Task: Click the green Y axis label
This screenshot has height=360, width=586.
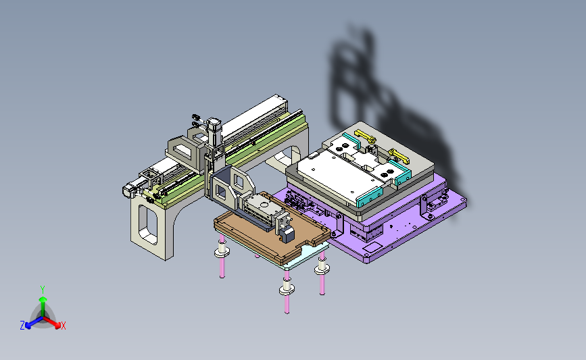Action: coord(43,290)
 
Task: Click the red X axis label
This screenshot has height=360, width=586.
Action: coord(63,326)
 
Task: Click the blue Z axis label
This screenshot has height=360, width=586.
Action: coord(22,326)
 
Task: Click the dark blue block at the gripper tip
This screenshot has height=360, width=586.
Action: coord(287,235)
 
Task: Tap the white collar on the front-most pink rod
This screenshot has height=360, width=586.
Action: coord(287,288)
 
